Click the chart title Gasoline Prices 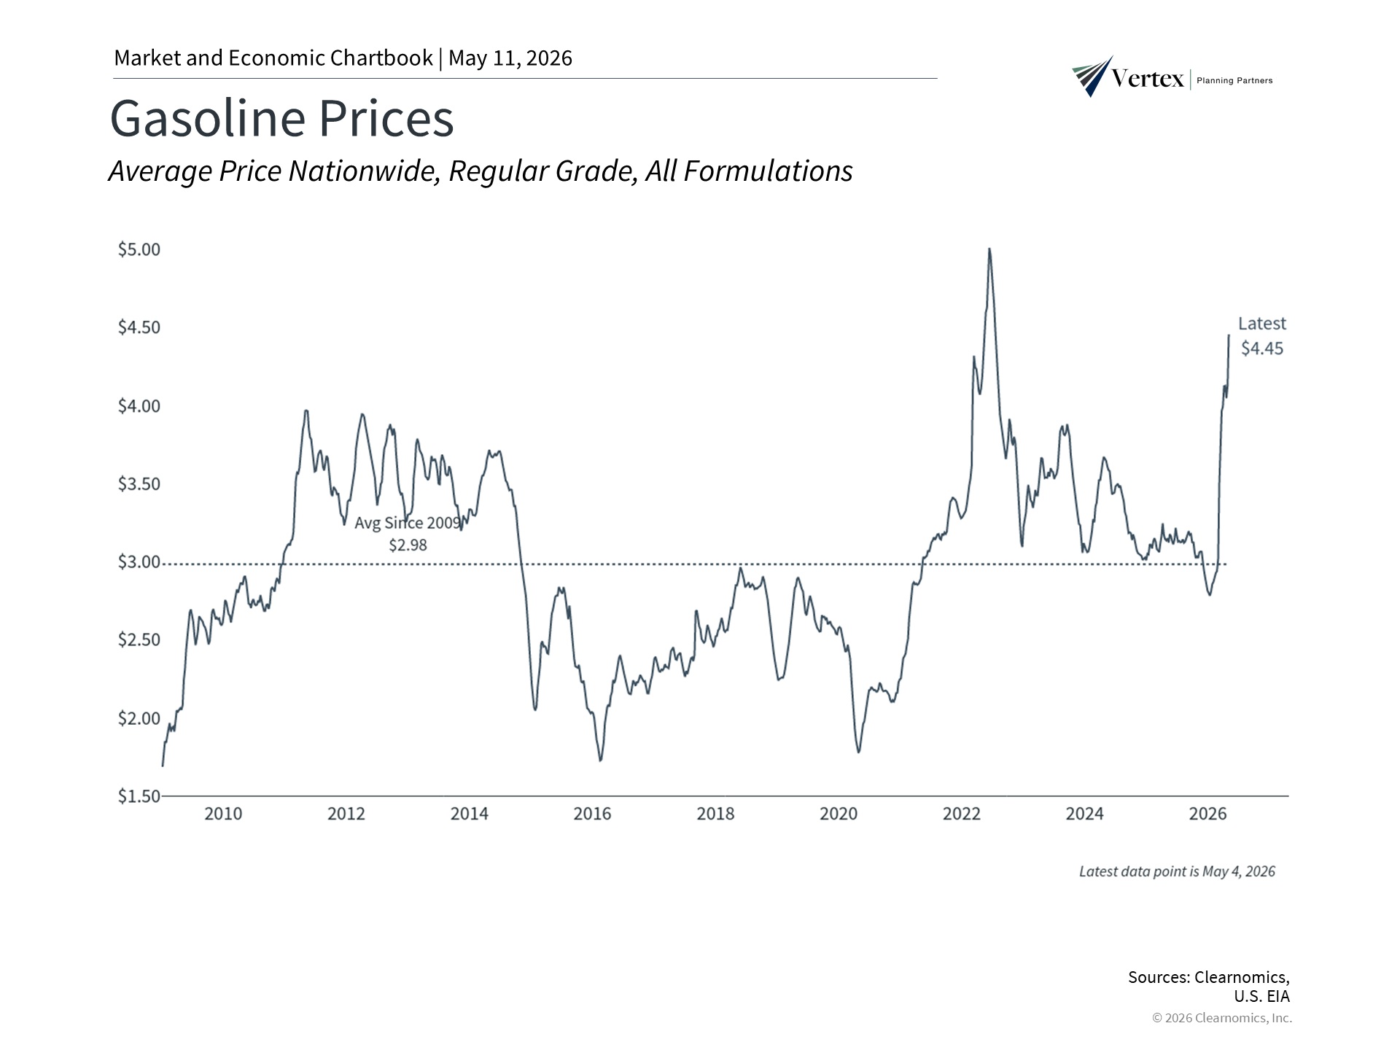point(281,118)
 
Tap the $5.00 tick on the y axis point(139,249)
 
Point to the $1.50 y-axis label point(139,796)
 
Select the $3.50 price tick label point(139,483)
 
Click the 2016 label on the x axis point(592,813)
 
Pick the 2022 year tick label point(962,813)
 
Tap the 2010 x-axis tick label point(223,813)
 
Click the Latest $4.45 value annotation point(1262,335)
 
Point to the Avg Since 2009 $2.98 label point(408,534)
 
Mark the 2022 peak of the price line point(989,249)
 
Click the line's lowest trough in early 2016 point(600,761)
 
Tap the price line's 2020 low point point(859,752)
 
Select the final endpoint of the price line point(1229,335)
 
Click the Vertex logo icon point(1092,76)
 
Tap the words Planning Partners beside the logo point(1234,80)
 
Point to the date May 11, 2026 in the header point(510,58)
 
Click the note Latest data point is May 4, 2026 point(1177,871)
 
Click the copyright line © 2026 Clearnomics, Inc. point(1222,1018)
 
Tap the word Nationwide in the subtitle point(364,171)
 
